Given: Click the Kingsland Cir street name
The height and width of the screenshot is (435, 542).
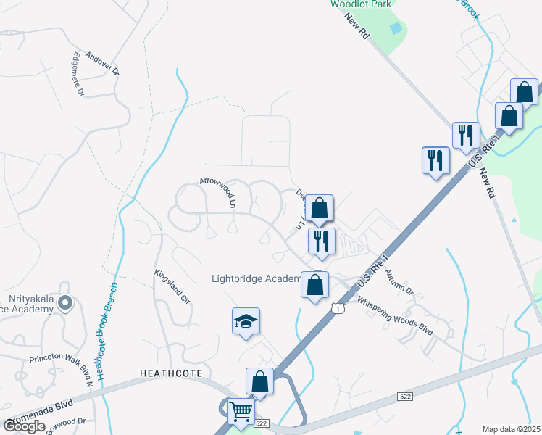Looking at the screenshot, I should click(172, 287).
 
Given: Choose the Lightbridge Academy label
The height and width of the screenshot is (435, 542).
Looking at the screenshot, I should click(255, 278).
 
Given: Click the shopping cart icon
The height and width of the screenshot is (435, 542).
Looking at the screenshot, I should click(241, 413).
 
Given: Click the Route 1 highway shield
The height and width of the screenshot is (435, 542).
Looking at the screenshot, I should click(337, 310).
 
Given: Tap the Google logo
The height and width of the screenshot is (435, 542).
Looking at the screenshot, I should click(24, 426).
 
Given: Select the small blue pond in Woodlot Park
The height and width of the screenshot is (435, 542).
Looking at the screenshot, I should click(395, 28).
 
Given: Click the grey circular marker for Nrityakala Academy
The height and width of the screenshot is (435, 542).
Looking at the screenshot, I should click(65, 303).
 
